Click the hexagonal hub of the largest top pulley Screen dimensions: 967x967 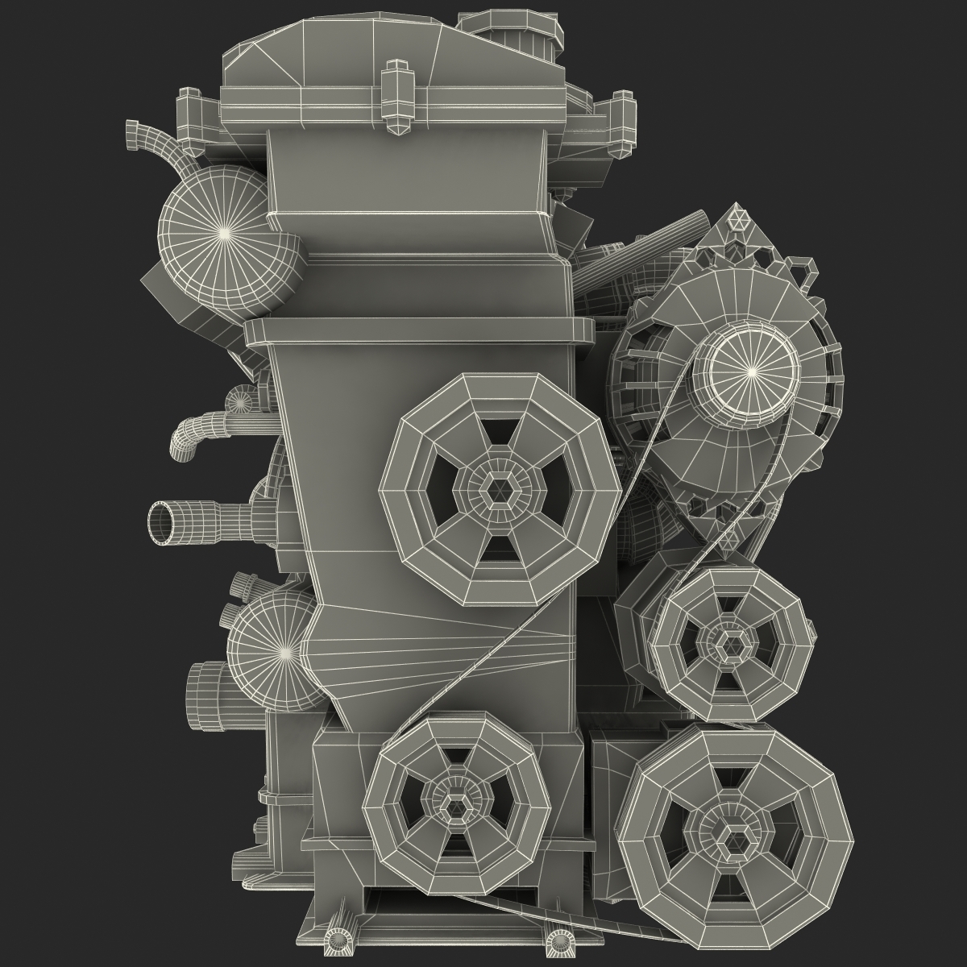500,488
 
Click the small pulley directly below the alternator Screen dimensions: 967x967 730,641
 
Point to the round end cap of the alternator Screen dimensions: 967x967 752,370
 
